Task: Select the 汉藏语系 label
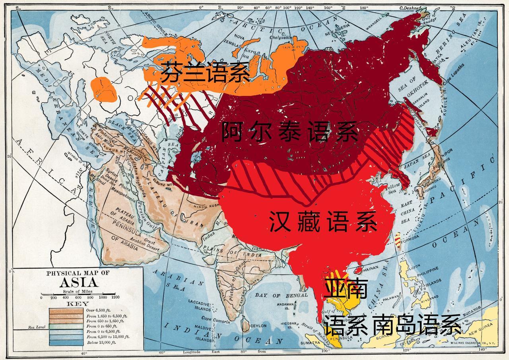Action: (323, 222)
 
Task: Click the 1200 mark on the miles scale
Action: (115, 297)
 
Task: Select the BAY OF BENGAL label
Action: (281, 295)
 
